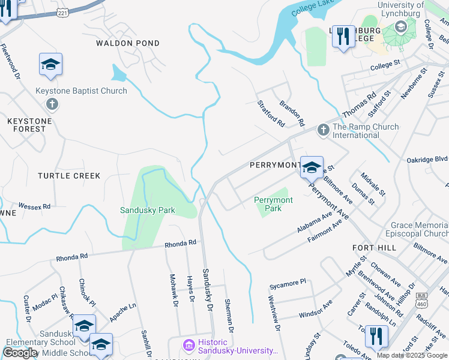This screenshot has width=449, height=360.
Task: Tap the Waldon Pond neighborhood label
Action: click(128, 43)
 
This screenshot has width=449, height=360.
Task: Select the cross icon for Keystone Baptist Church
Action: click(52, 104)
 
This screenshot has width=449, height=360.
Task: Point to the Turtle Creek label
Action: click(69, 176)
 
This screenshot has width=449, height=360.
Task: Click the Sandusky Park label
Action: click(147, 211)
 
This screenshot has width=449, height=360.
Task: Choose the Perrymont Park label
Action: click(273, 204)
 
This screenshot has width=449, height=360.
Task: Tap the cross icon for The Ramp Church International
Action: click(323, 130)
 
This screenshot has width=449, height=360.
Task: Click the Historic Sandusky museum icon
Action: click(188, 346)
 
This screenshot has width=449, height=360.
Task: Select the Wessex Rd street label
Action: click(34, 206)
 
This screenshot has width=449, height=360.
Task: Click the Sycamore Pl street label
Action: click(288, 281)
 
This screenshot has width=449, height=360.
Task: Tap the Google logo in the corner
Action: click(20, 353)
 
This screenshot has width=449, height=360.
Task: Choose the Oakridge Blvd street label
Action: click(427, 159)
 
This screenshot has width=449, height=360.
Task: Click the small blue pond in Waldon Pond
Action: click(119, 74)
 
